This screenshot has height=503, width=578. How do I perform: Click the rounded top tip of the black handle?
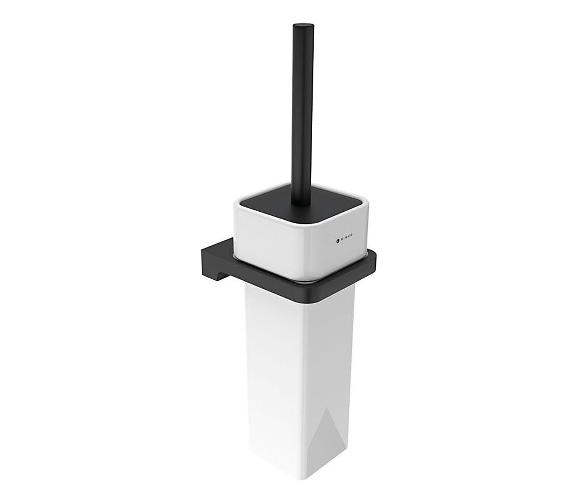(x=304, y=26)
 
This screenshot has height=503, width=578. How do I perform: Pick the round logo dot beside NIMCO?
(x=338, y=240)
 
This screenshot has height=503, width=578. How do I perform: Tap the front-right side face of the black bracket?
(x=342, y=279)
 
